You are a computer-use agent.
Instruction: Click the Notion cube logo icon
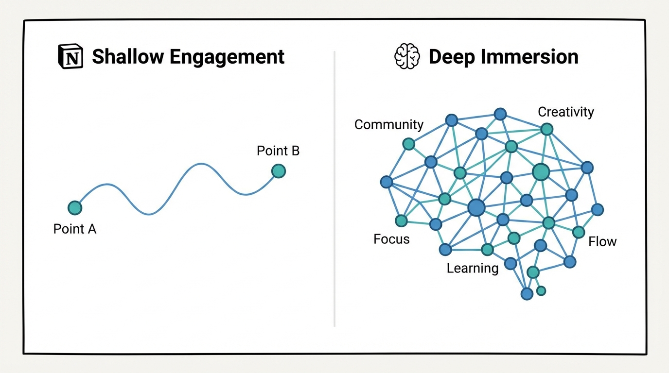point(70,57)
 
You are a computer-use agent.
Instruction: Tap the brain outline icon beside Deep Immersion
point(406,57)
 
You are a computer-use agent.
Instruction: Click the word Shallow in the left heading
point(121,57)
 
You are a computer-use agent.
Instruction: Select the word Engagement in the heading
point(220,57)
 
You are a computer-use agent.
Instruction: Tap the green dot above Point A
point(75,208)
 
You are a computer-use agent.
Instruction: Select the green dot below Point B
point(278,171)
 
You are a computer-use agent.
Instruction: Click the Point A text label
point(75,229)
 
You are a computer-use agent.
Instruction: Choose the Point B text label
point(278,151)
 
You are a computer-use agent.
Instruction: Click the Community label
point(388,125)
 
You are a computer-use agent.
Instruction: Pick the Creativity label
point(565,112)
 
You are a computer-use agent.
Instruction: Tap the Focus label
point(391,239)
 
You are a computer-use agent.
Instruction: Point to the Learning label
point(472,268)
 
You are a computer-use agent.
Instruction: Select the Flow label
point(602,241)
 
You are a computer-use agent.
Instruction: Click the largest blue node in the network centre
point(476,208)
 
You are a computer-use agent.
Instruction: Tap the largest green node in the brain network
point(541,171)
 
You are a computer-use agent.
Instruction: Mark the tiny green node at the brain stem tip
point(541,291)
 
